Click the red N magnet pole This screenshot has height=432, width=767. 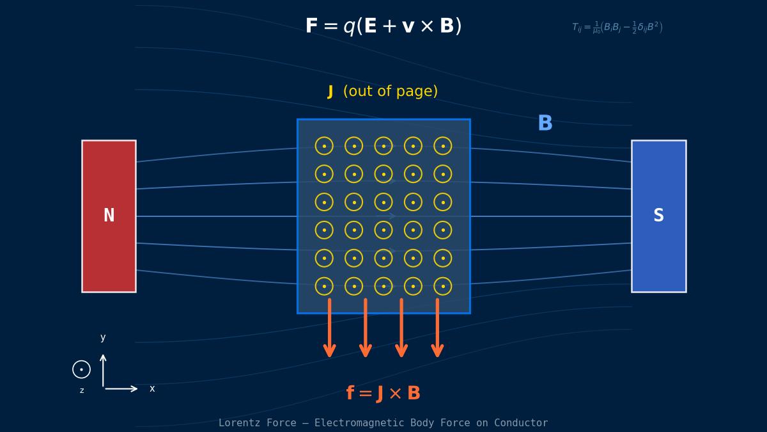coord(109,179)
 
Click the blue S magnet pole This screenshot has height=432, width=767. coord(658,179)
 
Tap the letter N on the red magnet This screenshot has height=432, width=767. coord(109,216)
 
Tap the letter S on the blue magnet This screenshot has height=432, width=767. coord(658,216)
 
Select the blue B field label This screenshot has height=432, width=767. coord(545,124)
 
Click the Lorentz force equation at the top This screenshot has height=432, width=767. coord(383,26)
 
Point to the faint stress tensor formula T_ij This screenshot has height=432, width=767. coord(617,28)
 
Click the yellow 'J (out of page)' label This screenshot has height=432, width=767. coord(383,92)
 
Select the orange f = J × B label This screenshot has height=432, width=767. coord(383,394)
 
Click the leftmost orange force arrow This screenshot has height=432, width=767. coord(330,328)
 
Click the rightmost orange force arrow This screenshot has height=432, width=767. coord(437,328)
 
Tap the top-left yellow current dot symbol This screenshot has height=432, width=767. coord(324,146)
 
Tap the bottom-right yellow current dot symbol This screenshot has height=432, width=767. coord(443,286)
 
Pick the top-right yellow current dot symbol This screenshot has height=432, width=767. coord(443,146)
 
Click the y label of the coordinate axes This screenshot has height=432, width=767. coord(103,337)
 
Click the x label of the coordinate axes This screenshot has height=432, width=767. coord(152,388)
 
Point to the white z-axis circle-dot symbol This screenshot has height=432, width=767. coord(81,369)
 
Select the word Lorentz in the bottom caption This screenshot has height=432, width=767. coord(240,423)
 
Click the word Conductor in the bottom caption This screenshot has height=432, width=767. coord(522,423)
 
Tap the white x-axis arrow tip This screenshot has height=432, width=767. coord(135,388)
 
